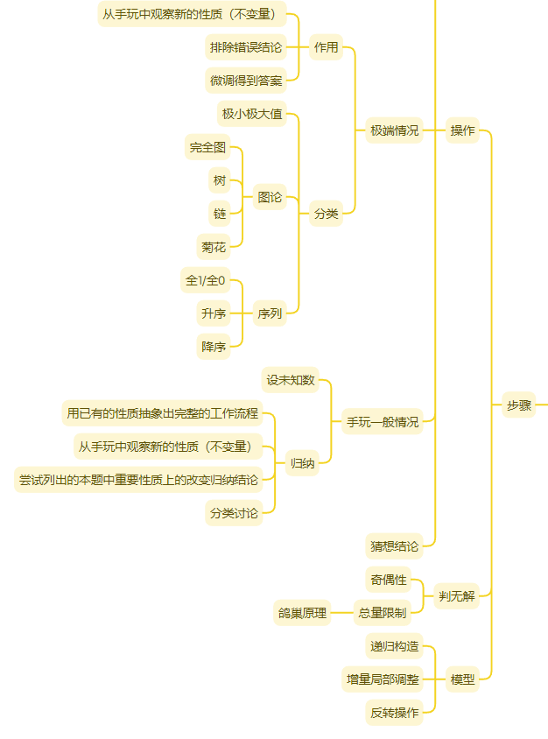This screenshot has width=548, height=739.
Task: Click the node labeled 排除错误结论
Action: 246,47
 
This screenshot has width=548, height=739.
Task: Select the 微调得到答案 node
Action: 246,81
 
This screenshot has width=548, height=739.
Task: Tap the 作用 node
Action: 326,47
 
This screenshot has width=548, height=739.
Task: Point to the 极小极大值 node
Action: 251,114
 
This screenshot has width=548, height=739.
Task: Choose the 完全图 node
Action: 207,147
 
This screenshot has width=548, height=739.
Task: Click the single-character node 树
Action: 220,180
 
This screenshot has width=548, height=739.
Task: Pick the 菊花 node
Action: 214,247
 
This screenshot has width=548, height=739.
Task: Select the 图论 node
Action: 270,197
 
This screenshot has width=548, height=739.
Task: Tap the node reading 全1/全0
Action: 205,280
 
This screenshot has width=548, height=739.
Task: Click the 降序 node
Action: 214,347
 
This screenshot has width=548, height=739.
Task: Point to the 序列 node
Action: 270,313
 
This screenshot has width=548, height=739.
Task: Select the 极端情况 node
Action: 394,130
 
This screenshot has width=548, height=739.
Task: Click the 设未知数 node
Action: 290,380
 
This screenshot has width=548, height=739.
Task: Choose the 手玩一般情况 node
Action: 382,421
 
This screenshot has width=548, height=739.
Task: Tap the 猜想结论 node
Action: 394,546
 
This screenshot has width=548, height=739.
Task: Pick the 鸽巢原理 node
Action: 302,613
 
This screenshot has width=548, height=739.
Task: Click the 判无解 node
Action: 456,596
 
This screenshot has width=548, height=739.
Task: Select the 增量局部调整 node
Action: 382,679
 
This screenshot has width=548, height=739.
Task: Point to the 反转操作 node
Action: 394,712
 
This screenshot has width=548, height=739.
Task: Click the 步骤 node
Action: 518,405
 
